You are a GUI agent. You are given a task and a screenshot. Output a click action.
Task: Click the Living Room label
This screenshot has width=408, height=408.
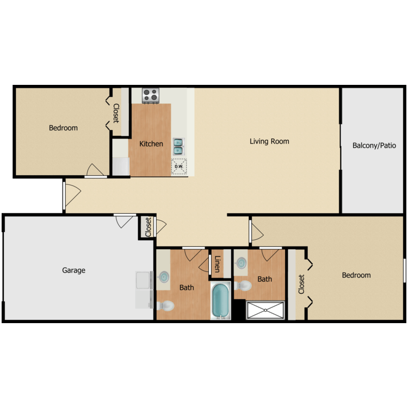pyautogui.click(x=269, y=141)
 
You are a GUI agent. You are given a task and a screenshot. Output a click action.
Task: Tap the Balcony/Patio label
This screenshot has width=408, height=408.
pyautogui.click(x=374, y=145)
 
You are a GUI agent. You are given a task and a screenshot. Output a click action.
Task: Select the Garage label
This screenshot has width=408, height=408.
pyautogui.click(x=73, y=270)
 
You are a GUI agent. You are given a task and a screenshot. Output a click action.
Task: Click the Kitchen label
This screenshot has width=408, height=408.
pyautogui.click(x=151, y=144)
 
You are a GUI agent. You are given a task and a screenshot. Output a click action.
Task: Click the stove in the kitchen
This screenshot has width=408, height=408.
pyautogui.click(x=150, y=95)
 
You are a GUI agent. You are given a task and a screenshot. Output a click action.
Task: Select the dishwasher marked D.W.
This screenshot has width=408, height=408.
pyautogui.click(x=179, y=166)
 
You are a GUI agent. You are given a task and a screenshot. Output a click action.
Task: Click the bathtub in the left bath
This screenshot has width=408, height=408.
pyautogui.click(x=221, y=300)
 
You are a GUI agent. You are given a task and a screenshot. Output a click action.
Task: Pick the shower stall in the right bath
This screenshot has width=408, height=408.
pyautogui.click(x=265, y=310)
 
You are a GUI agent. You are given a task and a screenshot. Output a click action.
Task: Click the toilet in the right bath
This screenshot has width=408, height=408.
pyautogui.click(x=243, y=286)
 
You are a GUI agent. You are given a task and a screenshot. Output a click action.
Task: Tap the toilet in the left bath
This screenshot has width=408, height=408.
pyautogui.click(x=165, y=307)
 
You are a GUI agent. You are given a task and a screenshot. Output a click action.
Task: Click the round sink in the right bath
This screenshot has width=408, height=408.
pyautogui.click(x=240, y=264)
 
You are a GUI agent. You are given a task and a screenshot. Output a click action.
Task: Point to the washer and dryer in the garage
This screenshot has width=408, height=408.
pyautogui.click(x=144, y=289)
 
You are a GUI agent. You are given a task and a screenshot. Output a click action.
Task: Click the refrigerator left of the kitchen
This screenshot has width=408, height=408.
pyautogui.click(x=120, y=165)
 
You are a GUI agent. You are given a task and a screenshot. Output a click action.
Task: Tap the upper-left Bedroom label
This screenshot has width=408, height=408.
pyautogui.click(x=63, y=128)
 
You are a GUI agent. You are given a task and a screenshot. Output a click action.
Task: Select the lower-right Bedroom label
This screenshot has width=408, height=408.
pyautogui.click(x=356, y=275)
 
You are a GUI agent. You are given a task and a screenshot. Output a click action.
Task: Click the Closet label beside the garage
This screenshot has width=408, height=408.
pyautogui.click(x=148, y=226)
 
